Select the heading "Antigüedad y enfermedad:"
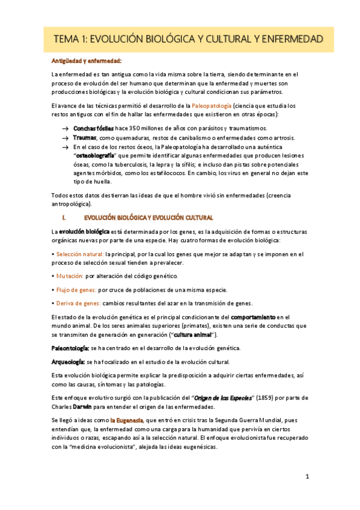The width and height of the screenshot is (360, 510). tap(87, 61)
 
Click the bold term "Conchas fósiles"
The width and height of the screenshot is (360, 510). tap(93, 128)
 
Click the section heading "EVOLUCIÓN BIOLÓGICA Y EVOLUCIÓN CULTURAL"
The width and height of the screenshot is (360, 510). tap(148, 217)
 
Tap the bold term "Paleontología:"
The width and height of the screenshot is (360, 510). tap(71, 348)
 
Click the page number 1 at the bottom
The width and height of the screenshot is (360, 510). tap(307, 477)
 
